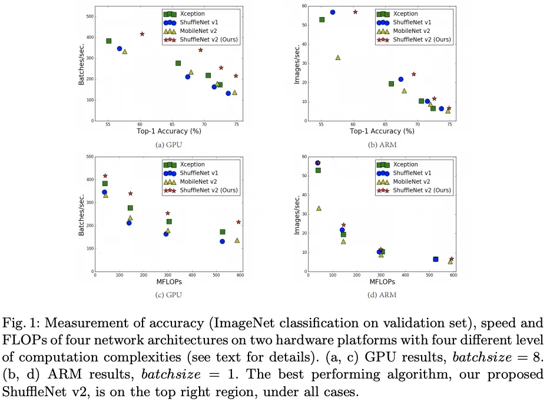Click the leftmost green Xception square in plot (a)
click(108, 41)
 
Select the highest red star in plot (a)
click(142, 34)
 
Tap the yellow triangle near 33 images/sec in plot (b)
click(338, 57)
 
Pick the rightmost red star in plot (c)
click(238, 222)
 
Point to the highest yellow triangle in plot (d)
click(319, 208)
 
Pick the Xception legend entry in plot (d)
click(406, 165)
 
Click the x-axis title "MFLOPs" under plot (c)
click(168, 282)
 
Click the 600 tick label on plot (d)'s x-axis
click(453, 275)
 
